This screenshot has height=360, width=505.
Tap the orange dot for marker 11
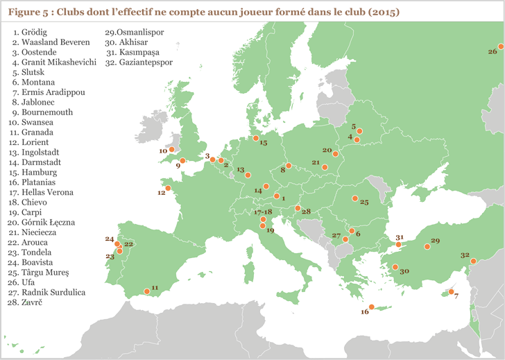[146, 291]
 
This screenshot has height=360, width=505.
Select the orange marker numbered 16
[370, 307]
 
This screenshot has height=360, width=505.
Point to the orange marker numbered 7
[449, 291]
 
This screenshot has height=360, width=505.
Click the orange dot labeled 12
[167, 187]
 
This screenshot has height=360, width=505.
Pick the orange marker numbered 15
[255, 137]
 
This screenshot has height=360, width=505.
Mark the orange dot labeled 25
[354, 199]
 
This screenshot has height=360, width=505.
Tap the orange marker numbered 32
[473, 261]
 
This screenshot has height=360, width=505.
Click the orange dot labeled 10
[172, 149]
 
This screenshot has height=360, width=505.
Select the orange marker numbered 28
[298, 208]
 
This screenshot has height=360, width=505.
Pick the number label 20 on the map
[327, 150]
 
